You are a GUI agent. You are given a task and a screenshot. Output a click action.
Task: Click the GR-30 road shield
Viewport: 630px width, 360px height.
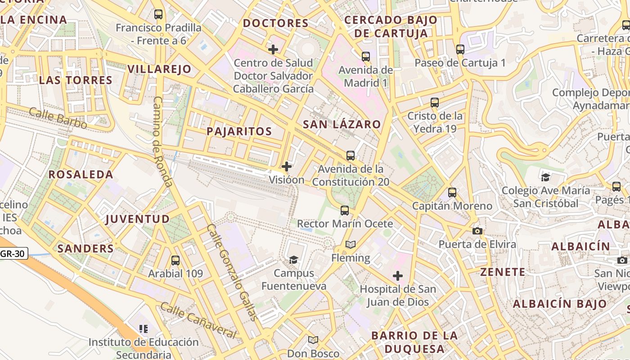pyautogui.click(x=13, y=254)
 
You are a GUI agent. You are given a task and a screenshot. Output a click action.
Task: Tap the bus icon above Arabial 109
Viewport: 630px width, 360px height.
pyautogui.click(x=175, y=260)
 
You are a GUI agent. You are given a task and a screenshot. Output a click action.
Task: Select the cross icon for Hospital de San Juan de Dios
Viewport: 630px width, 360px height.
pyautogui.click(x=398, y=275)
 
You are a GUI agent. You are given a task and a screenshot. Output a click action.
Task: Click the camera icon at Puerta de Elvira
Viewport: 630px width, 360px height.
pyautogui.click(x=477, y=231)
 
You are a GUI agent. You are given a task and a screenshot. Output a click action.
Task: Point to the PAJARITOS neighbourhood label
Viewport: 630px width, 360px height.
pyautogui.click(x=239, y=131)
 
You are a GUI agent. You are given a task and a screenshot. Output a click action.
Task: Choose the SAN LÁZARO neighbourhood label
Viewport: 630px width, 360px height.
pyautogui.click(x=342, y=124)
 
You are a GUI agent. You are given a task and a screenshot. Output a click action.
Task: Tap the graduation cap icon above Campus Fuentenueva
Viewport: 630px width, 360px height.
pyautogui.click(x=294, y=260)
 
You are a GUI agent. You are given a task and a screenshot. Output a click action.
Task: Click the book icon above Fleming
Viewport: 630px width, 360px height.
pyautogui.click(x=351, y=244)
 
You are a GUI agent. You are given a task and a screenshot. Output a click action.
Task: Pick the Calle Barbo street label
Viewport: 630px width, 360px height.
pyautogui.click(x=58, y=118)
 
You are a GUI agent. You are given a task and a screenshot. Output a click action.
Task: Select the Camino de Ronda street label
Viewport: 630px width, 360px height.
pyautogui.click(x=162, y=141)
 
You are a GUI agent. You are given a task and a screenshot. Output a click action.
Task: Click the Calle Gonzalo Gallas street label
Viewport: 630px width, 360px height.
pyautogui.click(x=232, y=272)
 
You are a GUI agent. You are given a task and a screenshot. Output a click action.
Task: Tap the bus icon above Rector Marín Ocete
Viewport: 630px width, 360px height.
pyautogui.click(x=345, y=210)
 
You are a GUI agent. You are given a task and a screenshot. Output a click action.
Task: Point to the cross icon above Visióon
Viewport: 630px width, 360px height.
pyautogui.click(x=287, y=166)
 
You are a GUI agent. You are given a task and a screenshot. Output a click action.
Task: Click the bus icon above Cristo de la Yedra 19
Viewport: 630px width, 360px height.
pyautogui.click(x=435, y=102)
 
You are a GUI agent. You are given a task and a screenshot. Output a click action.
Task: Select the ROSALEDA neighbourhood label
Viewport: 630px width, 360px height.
pyautogui.click(x=81, y=175)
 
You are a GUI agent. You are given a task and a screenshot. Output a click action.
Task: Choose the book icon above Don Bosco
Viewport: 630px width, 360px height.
pyautogui.click(x=313, y=340)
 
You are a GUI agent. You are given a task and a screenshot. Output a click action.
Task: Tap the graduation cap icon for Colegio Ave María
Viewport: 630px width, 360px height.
pyautogui.click(x=546, y=177)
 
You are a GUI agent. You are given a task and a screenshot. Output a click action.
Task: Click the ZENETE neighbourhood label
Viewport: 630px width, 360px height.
pyautogui.click(x=503, y=272)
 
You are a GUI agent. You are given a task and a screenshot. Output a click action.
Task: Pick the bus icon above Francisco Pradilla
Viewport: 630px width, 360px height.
pyautogui.click(x=158, y=14)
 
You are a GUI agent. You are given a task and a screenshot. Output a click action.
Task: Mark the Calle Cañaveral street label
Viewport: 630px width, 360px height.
pyautogui.click(x=198, y=321)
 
